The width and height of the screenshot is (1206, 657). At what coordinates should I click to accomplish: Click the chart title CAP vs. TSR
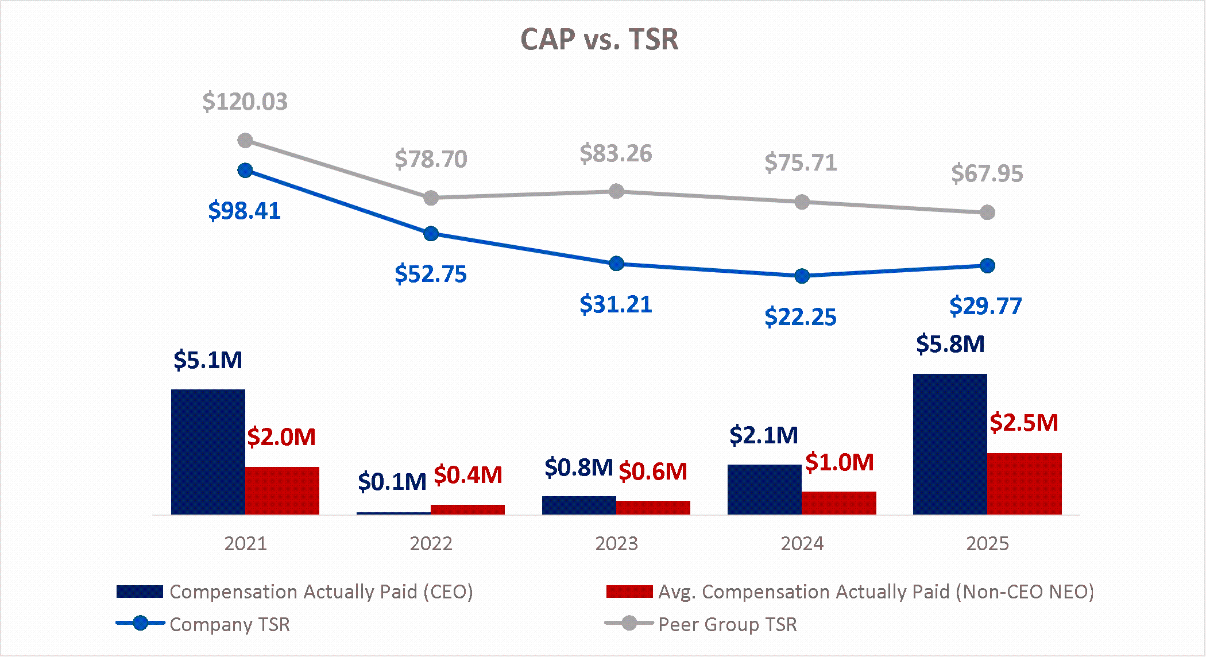[x=599, y=40]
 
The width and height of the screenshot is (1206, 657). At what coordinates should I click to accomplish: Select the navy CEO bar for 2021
[x=208, y=451]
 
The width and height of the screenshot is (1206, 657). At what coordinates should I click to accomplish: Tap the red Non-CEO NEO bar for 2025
[x=1024, y=484]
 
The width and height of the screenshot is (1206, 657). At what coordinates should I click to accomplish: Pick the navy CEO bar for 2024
[x=764, y=489]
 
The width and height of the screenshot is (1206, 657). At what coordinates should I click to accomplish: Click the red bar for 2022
[x=467, y=509]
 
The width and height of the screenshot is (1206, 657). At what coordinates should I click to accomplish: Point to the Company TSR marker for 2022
[x=431, y=234]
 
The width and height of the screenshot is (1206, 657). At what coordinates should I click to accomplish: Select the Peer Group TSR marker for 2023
[x=616, y=191]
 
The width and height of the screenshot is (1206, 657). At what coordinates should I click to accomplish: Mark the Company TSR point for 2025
[x=987, y=266]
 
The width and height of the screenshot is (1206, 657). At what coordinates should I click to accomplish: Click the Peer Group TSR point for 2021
[x=245, y=141]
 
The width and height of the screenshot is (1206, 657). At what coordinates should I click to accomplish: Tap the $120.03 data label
[x=245, y=102]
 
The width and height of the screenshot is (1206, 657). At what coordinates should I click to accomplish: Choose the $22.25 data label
[x=801, y=317]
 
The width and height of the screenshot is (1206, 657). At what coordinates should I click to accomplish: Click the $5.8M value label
[x=950, y=344]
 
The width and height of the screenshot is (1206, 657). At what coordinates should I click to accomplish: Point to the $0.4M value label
[x=467, y=475]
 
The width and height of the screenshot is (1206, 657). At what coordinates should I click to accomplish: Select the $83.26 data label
[x=616, y=154]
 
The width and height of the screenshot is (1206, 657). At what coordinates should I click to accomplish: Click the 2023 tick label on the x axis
[x=616, y=543]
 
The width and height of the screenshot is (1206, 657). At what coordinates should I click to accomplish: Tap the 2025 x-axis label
[x=987, y=543]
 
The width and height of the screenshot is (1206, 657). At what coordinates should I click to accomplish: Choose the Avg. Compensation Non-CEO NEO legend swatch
[x=629, y=592]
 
